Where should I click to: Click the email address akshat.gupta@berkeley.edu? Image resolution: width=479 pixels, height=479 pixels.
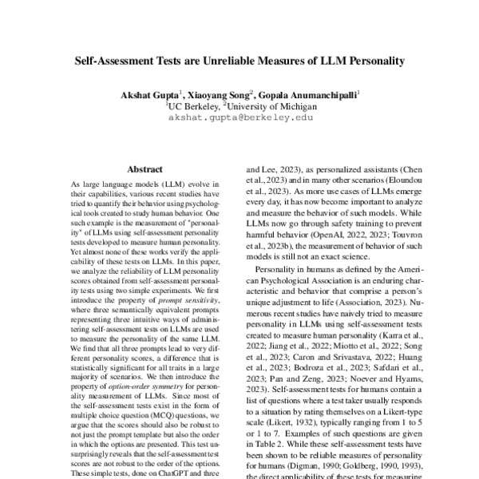point(240,117)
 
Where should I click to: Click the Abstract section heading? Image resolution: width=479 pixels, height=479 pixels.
point(144,169)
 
